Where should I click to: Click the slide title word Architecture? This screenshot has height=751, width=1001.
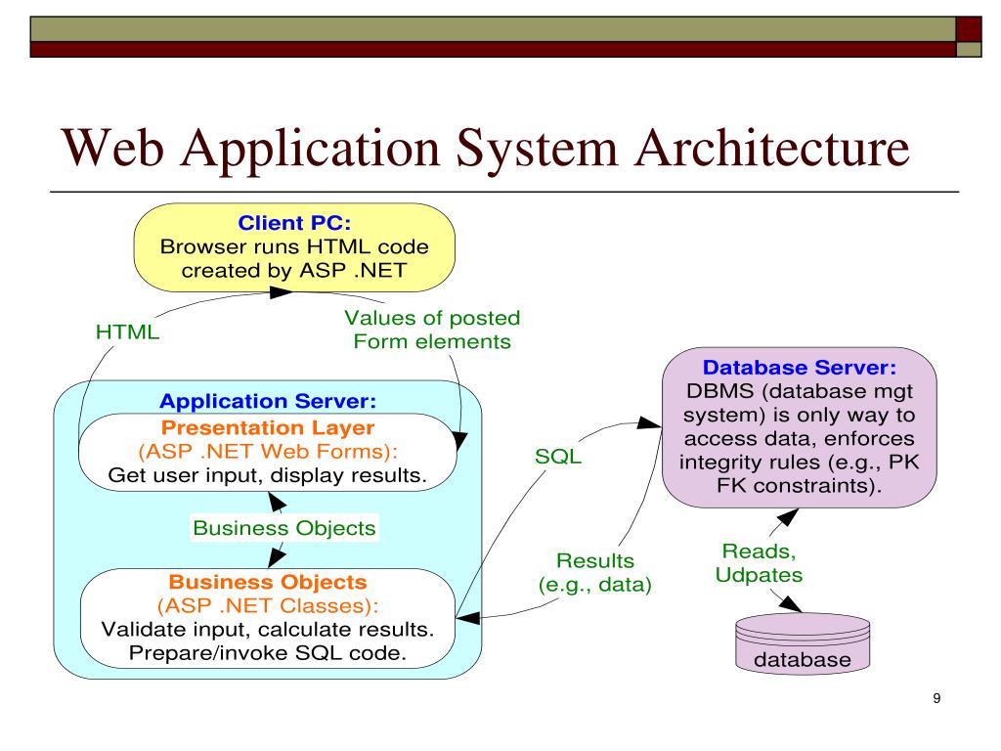coord(772,149)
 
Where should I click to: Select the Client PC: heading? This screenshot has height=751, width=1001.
coord(294,223)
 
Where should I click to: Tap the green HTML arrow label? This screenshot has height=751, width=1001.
coord(128,332)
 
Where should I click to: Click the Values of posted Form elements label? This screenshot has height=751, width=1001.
coord(432,330)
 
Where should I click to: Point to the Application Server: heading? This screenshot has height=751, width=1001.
coord(268,401)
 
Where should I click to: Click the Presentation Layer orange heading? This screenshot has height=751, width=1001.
coord(268,427)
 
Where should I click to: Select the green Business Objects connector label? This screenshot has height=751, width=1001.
coord(284,528)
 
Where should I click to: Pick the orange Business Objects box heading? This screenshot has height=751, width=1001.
coord(268,582)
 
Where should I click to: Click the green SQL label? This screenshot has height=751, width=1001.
coord(558,457)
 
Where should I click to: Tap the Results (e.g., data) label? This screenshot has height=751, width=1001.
coord(595,573)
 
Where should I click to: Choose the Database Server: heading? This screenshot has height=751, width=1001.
coord(800,368)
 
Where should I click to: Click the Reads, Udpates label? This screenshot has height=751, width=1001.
coord(759,562)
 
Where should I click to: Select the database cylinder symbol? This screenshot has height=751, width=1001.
coord(803,643)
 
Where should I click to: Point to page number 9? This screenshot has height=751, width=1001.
coord(936,698)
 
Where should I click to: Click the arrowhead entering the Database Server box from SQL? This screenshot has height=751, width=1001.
coord(650,422)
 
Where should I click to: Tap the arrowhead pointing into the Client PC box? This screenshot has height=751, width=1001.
coord(281,292)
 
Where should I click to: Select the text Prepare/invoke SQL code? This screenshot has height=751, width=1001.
coord(268,653)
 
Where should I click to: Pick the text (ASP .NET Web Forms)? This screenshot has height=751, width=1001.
coord(268,452)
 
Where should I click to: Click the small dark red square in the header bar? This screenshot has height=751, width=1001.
coord(969,29)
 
